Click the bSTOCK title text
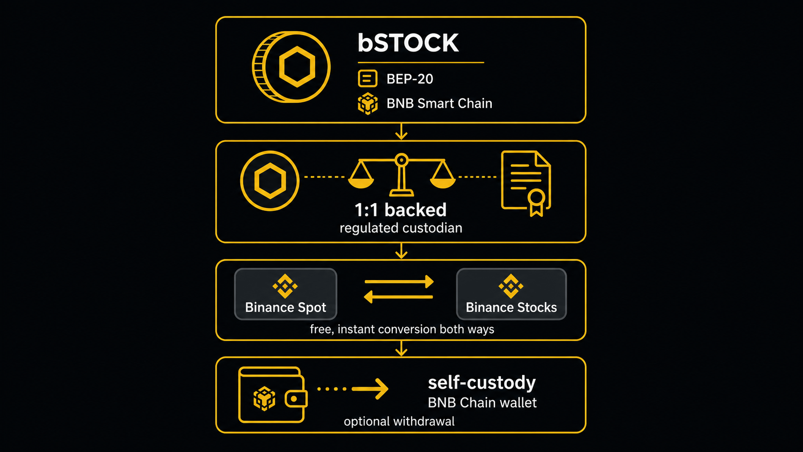tap(408, 43)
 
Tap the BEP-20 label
tap(410, 79)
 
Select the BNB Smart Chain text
tap(439, 103)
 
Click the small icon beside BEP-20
tap(367, 78)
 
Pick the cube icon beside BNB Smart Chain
tap(368, 104)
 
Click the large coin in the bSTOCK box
tap(291, 67)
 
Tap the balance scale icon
tap(401, 175)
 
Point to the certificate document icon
tap(526, 183)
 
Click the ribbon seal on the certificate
tap(536, 203)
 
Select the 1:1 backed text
tap(401, 210)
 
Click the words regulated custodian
tap(401, 228)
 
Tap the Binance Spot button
tap(285, 294)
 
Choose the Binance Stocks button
tap(511, 294)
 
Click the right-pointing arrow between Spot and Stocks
tap(399, 282)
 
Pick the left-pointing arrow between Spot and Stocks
tap(398, 297)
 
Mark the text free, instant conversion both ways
tap(402, 329)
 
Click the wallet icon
tap(273, 395)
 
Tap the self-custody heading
tap(482, 382)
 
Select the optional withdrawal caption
tap(399, 421)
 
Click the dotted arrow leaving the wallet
tap(353, 389)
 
